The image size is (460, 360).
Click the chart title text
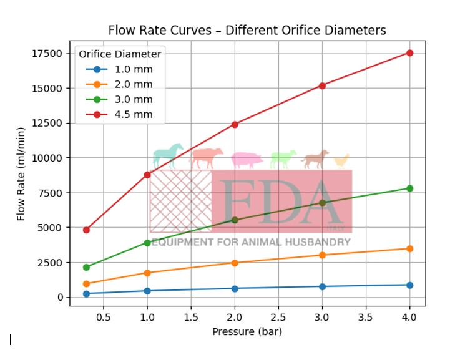(x=247, y=31)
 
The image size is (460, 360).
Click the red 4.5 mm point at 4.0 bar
(x=409, y=53)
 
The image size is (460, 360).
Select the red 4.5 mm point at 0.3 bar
(x=86, y=230)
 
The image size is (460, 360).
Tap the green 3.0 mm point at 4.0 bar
(x=409, y=188)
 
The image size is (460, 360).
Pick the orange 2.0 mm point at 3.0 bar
(x=322, y=255)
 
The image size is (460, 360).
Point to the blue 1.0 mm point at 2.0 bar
(x=235, y=289)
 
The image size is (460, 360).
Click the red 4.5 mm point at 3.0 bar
(x=322, y=85)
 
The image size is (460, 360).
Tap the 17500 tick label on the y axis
(x=47, y=54)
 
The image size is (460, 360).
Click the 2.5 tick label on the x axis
(x=278, y=317)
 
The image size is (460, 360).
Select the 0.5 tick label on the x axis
(x=104, y=317)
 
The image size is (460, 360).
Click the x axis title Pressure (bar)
(x=247, y=331)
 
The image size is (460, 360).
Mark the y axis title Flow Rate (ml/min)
(x=21, y=175)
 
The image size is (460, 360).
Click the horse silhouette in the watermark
(x=168, y=157)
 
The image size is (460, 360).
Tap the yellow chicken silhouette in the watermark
(x=341, y=161)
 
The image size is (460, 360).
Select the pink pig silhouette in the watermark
(x=247, y=160)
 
